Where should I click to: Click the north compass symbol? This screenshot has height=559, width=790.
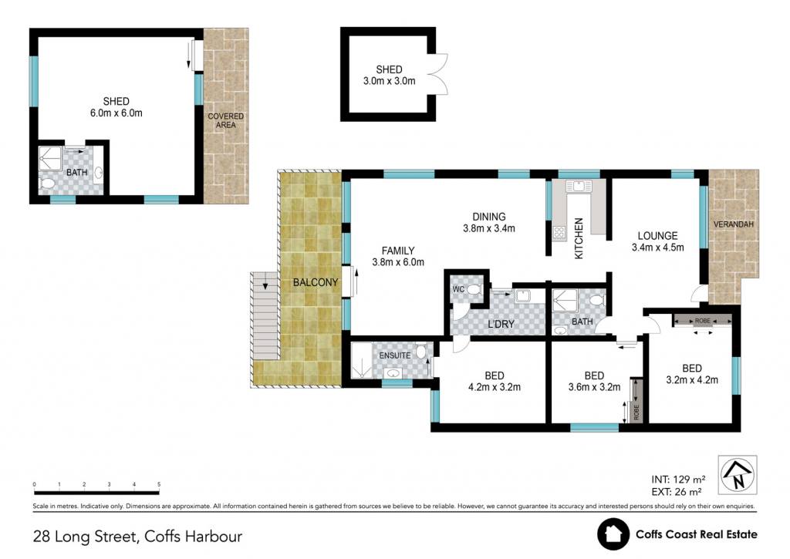738,474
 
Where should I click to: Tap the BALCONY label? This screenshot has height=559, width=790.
316,282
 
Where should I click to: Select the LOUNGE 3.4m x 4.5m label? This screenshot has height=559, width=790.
657,241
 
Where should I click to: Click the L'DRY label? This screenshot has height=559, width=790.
501,324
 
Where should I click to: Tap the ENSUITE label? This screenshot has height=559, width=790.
395,355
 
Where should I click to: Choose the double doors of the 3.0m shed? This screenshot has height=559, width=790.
438,74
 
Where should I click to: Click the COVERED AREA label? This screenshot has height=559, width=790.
226,120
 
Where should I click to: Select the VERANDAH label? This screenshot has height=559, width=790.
734,224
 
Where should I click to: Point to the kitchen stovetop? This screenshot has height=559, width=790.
559,233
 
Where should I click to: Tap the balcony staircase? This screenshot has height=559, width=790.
265,316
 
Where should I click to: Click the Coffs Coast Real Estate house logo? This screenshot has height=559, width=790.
613,534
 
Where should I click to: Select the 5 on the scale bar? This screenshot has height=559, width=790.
159,484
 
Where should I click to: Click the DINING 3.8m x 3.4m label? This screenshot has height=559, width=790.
488,223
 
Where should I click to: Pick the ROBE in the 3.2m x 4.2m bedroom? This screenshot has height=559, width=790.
703,321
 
